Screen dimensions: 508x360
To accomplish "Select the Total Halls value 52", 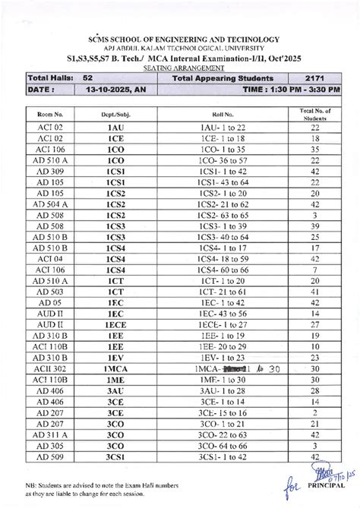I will click(88, 77).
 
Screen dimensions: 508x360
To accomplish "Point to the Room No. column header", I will click(49, 113).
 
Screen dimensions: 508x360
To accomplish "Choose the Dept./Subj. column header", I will click(115, 113).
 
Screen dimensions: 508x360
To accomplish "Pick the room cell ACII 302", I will click(49, 368).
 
